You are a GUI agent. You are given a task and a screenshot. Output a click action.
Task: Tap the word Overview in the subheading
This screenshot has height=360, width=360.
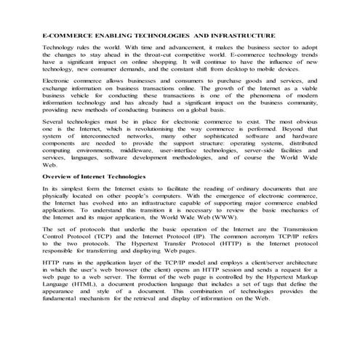point(59,177)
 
